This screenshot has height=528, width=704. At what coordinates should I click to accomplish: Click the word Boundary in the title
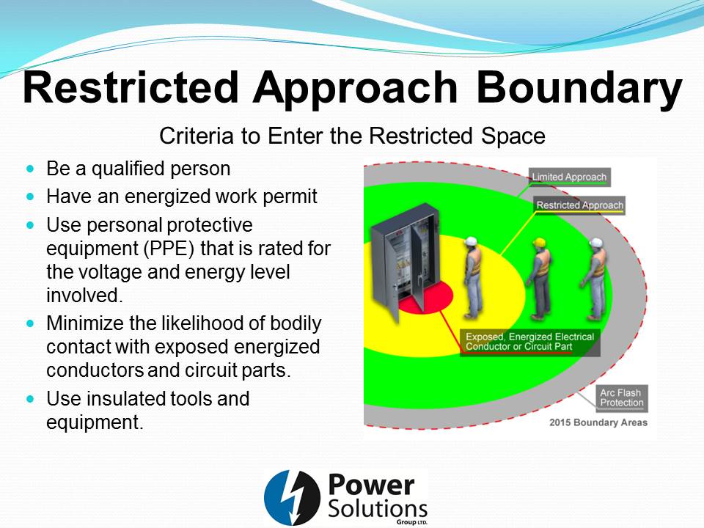click(x=579, y=87)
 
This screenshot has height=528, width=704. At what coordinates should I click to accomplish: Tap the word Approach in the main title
click(x=355, y=89)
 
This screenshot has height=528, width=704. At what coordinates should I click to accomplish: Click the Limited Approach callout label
click(x=569, y=177)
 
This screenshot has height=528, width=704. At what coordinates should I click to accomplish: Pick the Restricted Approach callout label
click(x=579, y=205)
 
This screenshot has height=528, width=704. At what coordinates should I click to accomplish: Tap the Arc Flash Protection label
click(x=621, y=397)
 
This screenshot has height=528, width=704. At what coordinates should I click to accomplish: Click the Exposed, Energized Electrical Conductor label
click(x=529, y=342)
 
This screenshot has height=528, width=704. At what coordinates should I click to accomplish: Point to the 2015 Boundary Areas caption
click(x=598, y=422)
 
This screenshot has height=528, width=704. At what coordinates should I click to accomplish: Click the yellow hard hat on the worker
click(x=539, y=243)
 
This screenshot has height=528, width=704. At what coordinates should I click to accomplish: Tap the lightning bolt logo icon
click(x=292, y=498)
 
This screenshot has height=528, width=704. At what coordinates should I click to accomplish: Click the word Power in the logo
click(x=371, y=485)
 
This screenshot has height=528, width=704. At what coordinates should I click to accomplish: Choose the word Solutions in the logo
click(x=378, y=509)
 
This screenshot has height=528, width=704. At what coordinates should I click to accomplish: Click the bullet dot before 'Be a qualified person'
click(x=30, y=169)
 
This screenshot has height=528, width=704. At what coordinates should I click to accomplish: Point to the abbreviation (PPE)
click(x=169, y=249)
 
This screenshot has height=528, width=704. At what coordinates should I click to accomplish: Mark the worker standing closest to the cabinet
click(x=474, y=277)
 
